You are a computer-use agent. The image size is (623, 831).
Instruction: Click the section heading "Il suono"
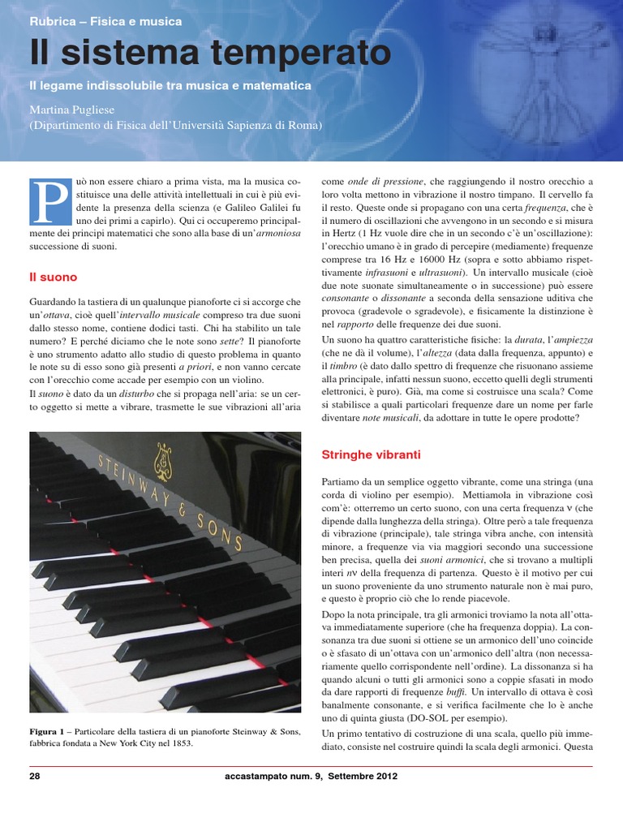pos(50,278)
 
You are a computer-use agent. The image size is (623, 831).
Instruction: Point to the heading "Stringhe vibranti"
pos(371,455)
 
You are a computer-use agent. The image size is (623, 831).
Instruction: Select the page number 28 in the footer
pos(35,776)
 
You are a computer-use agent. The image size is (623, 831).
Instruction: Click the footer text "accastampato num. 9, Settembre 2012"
pos(311,776)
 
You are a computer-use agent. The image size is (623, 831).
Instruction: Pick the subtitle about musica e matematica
pos(170,84)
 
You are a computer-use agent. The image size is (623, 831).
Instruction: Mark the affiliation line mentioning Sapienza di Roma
pos(175,125)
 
